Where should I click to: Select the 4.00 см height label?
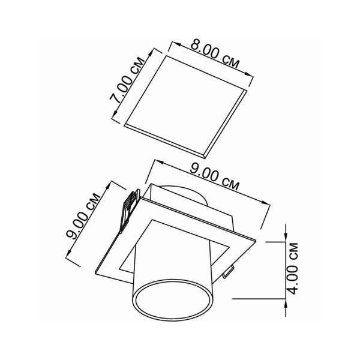tap(293, 268)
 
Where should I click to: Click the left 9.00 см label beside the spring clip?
tap(83, 216)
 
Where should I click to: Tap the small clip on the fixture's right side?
tap(229, 272)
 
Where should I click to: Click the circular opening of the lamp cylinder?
tap(172, 299)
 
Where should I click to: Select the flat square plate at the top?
tap(185, 107)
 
